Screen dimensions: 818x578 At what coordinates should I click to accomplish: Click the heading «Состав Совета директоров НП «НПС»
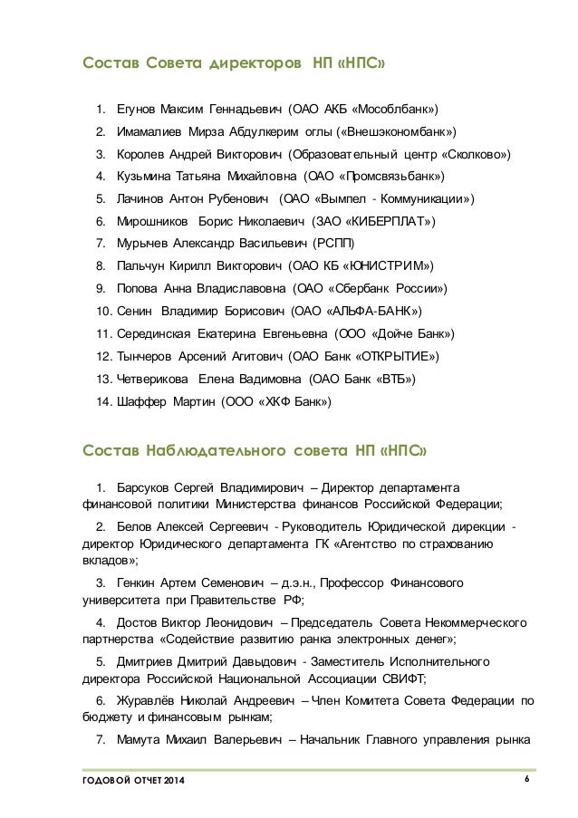click(x=238, y=64)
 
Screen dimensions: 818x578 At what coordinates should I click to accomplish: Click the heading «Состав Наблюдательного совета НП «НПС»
click(x=251, y=449)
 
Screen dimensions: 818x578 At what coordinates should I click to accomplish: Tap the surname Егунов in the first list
click(x=138, y=111)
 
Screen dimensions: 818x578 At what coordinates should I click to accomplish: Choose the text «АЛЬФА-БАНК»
click(x=376, y=310)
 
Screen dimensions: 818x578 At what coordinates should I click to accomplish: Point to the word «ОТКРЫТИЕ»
click(x=396, y=354)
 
